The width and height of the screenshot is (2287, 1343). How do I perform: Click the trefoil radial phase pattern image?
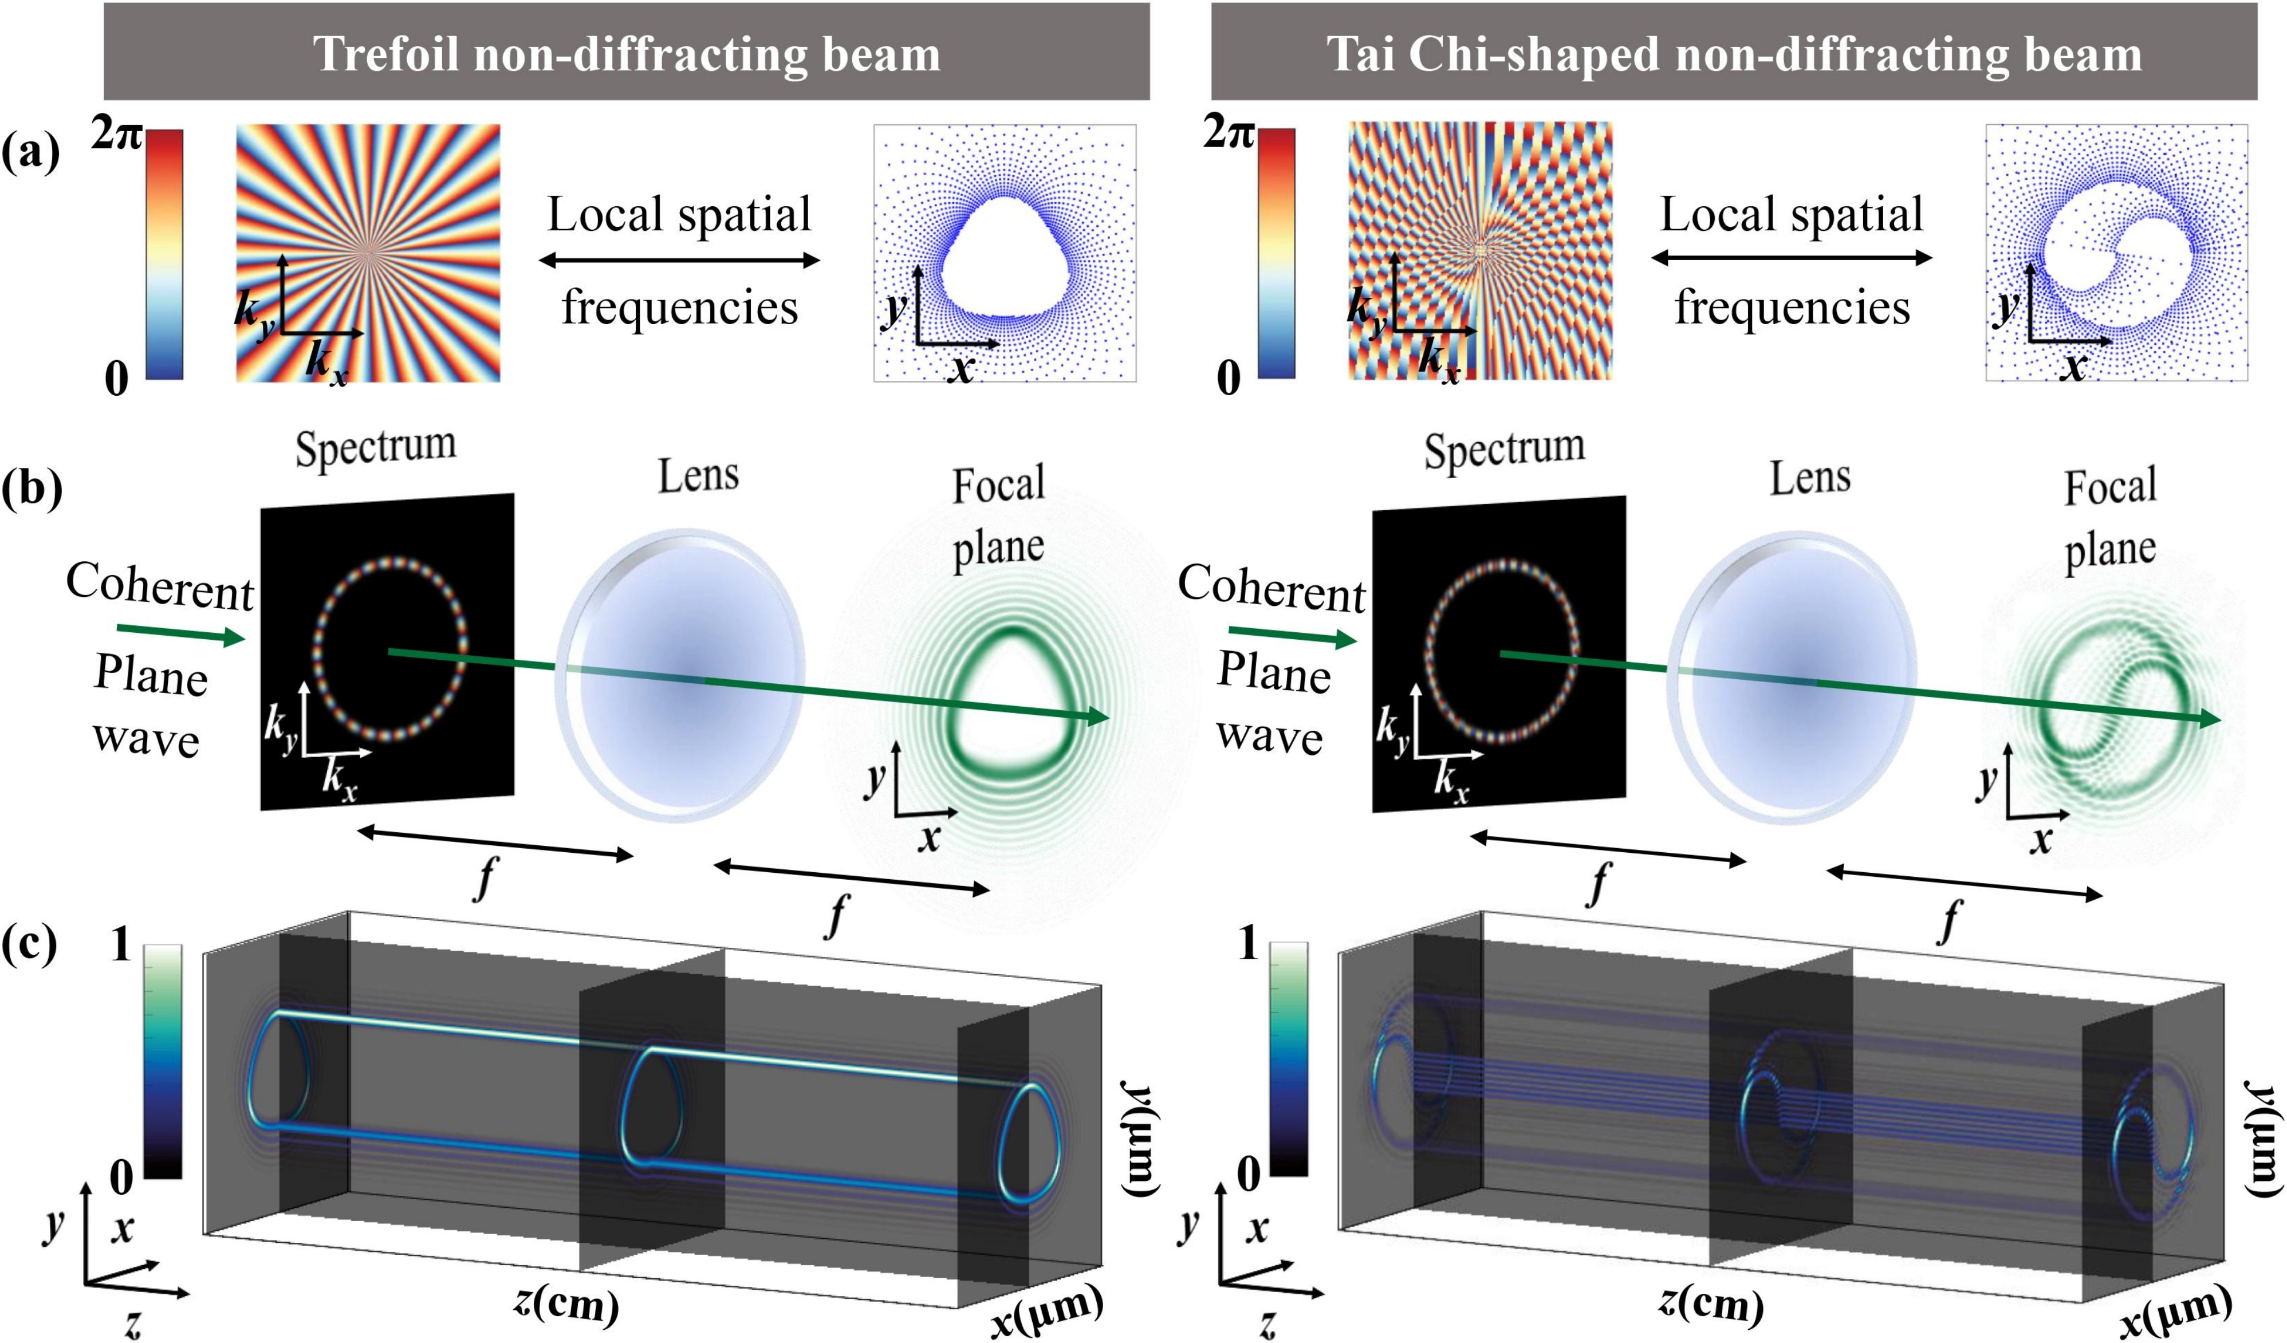368,252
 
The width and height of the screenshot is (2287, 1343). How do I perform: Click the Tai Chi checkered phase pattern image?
1480,250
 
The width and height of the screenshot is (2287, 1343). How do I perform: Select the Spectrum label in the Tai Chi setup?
1504,449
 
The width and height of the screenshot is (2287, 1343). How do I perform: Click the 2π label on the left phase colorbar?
116,136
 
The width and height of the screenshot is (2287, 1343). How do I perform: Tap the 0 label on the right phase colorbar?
1228,377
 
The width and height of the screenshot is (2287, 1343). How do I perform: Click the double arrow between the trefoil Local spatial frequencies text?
679,261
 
